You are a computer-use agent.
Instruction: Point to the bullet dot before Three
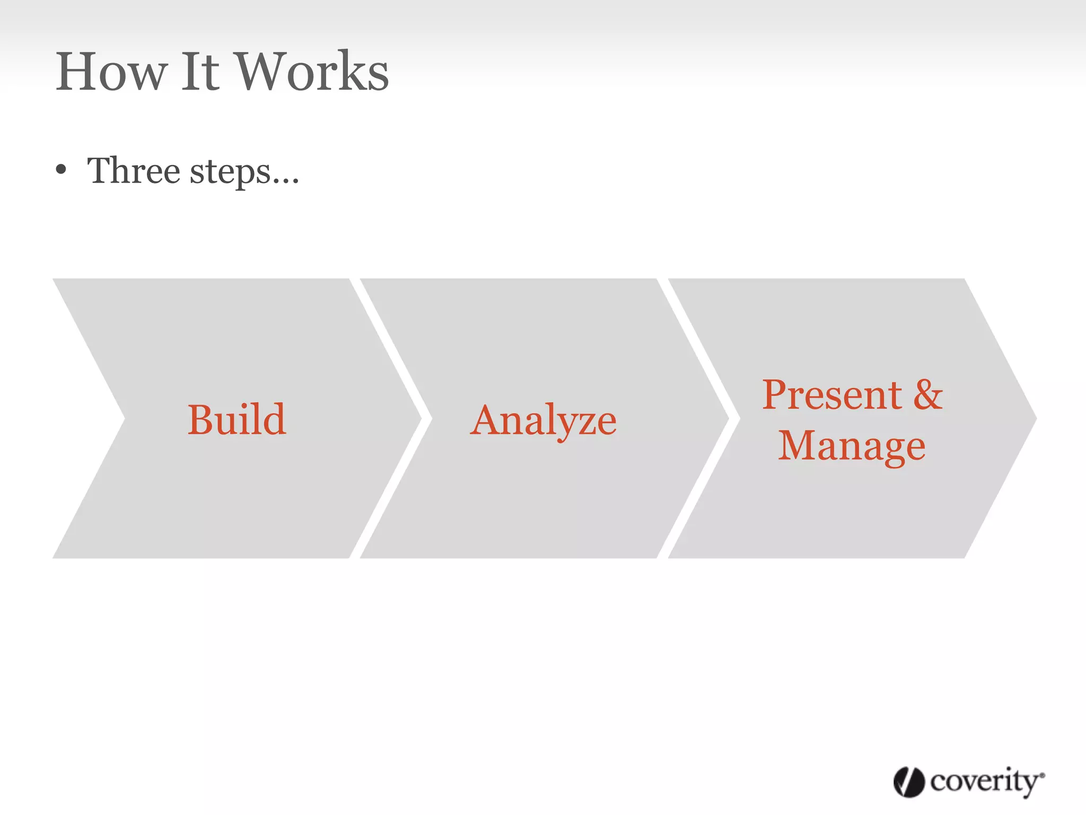[62, 170]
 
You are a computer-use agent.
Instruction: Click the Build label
[237, 419]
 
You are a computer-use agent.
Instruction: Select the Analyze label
[544, 420]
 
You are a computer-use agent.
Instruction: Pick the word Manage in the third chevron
[852, 446]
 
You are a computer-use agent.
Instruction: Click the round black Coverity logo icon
[909, 782]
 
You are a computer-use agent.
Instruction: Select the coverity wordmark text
[985, 782]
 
